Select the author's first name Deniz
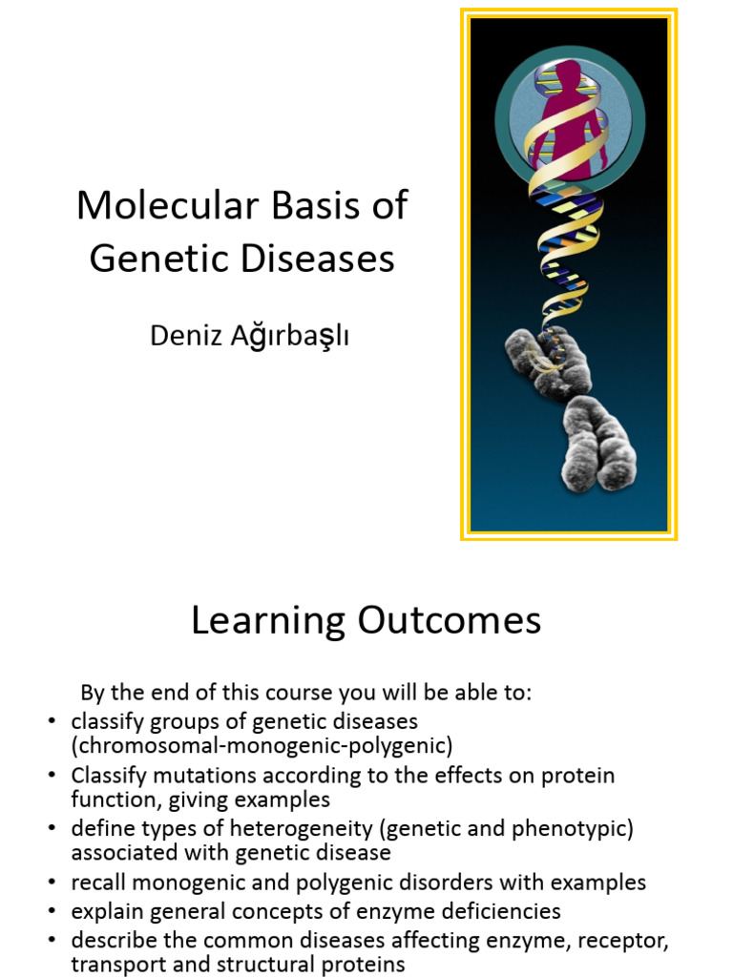pyautogui.click(x=182, y=336)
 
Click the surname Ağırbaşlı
pyautogui.click(x=287, y=336)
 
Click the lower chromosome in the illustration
pyautogui.click(x=598, y=443)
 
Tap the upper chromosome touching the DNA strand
pyautogui.click(x=547, y=360)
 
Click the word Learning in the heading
pyautogui.click(x=268, y=620)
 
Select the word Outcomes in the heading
pyautogui.click(x=450, y=620)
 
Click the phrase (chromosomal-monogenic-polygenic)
pyautogui.click(x=262, y=744)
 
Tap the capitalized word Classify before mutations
pyautogui.click(x=109, y=776)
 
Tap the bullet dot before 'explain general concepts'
pyautogui.click(x=52, y=911)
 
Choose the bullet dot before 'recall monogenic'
pyautogui.click(x=52, y=883)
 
